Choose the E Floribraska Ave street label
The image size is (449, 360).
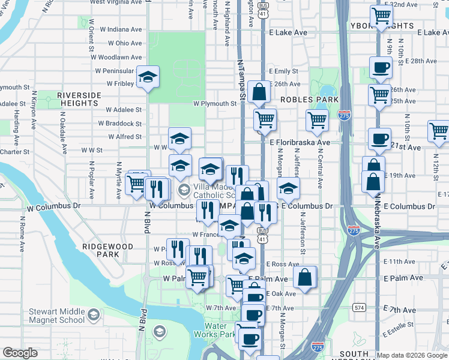coord(300,143)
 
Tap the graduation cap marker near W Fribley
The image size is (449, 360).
coord(148,77)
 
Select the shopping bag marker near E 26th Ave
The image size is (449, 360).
coord(259,92)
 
